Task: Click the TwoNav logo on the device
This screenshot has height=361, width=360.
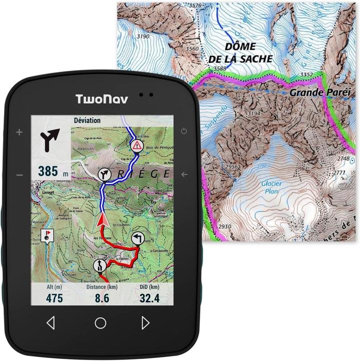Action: [x=102, y=99]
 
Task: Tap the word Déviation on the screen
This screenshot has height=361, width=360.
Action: [x=87, y=120]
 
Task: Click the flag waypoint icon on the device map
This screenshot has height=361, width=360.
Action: [x=47, y=235]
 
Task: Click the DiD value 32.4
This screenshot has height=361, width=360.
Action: [x=150, y=298]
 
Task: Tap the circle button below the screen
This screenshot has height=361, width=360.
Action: [x=101, y=323]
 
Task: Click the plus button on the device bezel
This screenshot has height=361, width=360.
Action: [x=20, y=132]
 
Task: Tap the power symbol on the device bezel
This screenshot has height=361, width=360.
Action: [x=184, y=131]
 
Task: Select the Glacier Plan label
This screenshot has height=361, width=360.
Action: [x=271, y=187]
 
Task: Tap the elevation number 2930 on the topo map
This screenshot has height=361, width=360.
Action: [x=225, y=227]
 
